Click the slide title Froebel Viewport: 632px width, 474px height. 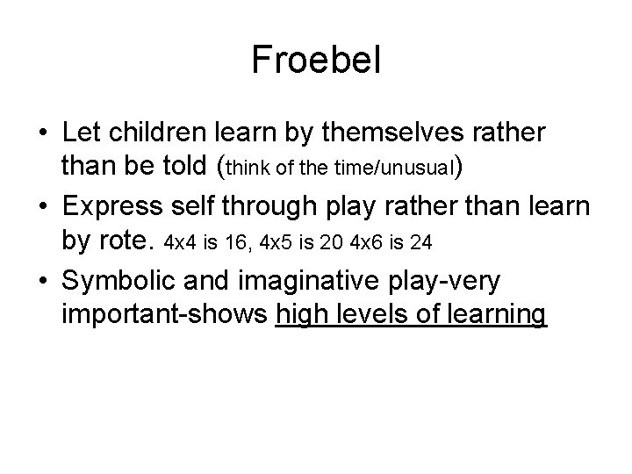315,60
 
